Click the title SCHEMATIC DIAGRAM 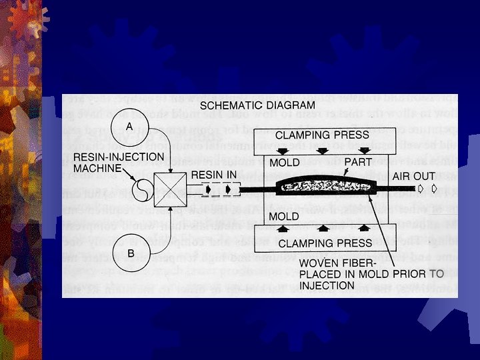[x=257, y=105]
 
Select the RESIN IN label [x=215, y=175]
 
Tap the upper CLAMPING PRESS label [x=322, y=135]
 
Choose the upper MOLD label [x=283, y=162]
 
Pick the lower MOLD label [x=283, y=217]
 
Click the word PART [x=357, y=162]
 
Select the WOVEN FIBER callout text [x=339, y=263]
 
